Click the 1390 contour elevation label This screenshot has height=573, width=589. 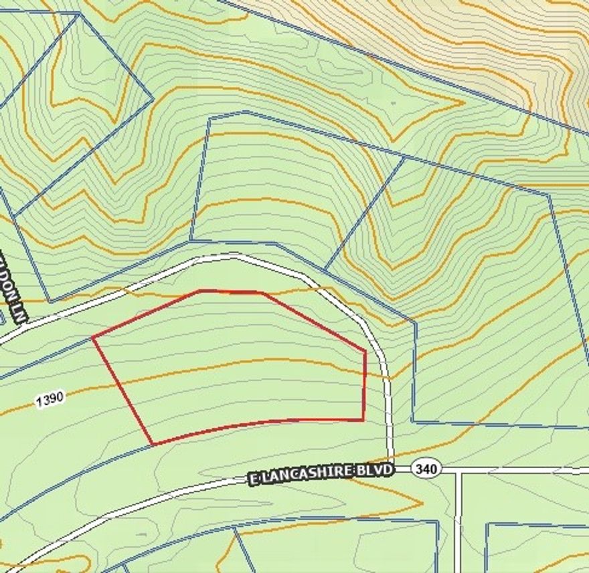(x=50, y=399)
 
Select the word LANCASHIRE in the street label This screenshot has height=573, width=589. (x=315, y=473)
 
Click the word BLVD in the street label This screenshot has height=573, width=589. (x=378, y=470)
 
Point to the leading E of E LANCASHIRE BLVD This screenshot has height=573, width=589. (x=254, y=479)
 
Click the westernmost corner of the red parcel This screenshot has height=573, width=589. (x=93, y=338)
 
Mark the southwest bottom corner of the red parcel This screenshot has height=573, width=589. (x=153, y=444)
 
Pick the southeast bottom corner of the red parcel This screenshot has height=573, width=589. (x=363, y=420)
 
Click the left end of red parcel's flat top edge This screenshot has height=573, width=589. (x=201, y=291)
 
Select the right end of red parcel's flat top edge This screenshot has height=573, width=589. (x=262, y=292)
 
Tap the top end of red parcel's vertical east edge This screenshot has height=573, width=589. (x=365, y=350)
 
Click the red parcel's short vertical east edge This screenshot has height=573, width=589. (x=365, y=386)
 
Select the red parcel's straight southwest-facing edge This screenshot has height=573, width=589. (x=122, y=390)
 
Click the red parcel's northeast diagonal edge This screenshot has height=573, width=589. (x=313, y=321)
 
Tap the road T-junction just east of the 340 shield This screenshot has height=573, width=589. (x=458, y=471)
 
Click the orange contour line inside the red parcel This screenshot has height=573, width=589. (x=234, y=365)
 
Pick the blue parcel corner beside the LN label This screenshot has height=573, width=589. (x=49, y=302)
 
